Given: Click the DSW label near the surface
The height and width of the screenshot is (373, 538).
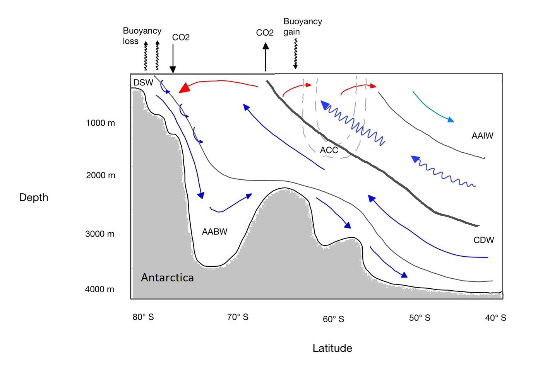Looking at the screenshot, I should [143, 82].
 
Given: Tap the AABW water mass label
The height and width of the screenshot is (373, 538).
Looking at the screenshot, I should [214, 232].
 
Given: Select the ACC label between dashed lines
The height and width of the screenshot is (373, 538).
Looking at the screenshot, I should [329, 150].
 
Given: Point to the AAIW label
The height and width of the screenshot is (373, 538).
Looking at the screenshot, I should [482, 136].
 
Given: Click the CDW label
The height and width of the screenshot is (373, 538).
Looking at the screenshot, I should [483, 240].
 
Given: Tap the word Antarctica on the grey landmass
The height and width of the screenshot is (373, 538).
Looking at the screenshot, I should [167, 278].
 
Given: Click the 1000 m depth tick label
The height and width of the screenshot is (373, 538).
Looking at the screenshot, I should [100, 123].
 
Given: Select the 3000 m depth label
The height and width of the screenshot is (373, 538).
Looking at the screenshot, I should [100, 234].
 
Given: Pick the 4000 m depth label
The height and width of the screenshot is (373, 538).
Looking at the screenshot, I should [99, 289].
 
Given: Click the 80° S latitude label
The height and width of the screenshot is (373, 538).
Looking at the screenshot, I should [143, 317].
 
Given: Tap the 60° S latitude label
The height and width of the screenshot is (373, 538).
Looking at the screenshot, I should [333, 319].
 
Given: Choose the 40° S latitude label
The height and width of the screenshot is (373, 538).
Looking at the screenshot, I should [495, 318].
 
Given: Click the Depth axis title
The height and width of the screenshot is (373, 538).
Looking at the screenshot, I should [34, 198].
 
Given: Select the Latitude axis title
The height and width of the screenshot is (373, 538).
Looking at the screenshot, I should [332, 348].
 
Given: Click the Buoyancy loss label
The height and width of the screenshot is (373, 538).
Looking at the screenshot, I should [142, 36].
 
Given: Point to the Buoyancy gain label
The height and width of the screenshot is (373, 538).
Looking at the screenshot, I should [302, 26].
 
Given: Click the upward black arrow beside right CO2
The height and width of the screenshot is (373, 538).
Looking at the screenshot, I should [266, 57].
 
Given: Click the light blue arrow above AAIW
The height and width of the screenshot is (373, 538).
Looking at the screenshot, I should [432, 107].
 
